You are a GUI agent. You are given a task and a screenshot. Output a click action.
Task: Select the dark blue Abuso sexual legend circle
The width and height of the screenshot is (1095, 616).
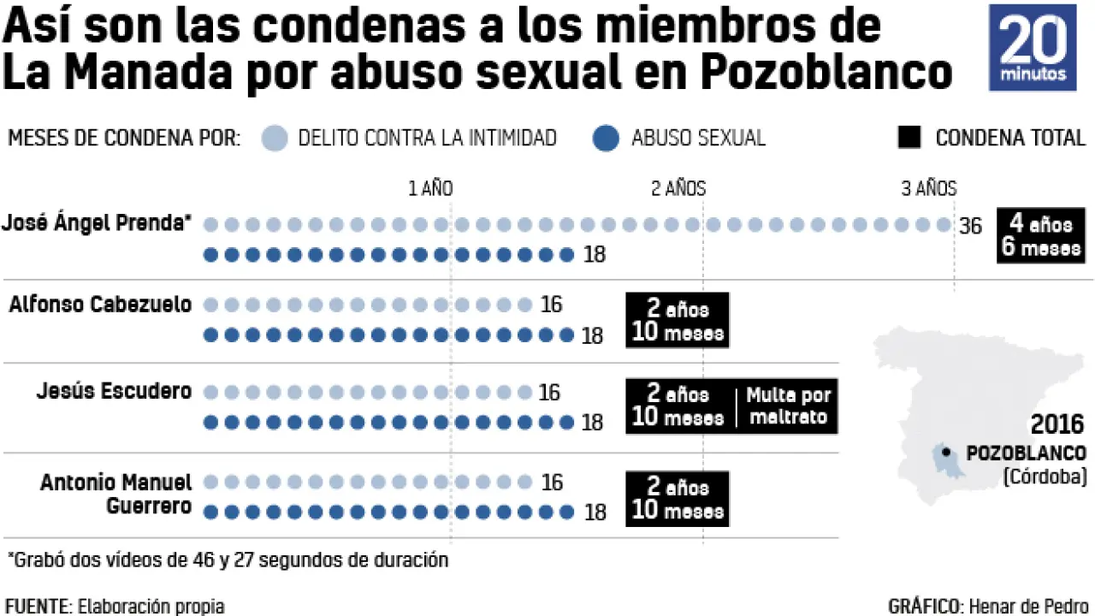point(605,139)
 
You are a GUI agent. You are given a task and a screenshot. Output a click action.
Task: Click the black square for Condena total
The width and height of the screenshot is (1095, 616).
point(909,137)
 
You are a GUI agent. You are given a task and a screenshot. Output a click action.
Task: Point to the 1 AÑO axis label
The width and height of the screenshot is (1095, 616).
point(430,189)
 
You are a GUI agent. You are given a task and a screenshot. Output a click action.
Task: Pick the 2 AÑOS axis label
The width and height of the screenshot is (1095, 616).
point(678,189)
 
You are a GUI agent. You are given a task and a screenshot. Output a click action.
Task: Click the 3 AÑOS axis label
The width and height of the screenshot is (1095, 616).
point(929,189)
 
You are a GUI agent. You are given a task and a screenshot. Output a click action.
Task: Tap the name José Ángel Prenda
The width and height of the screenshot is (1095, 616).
point(95,223)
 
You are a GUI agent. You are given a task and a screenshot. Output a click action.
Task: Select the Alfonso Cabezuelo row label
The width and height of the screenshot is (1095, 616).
point(100,305)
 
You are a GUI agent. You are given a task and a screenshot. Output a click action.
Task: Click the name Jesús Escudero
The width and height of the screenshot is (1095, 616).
point(114,391)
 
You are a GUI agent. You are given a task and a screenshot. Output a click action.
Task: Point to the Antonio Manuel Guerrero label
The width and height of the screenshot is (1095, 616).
point(115,495)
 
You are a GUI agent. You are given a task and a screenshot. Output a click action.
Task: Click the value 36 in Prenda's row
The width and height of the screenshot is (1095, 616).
point(970,226)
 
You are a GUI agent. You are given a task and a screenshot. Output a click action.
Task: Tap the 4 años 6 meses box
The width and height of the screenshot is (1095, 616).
point(1040,236)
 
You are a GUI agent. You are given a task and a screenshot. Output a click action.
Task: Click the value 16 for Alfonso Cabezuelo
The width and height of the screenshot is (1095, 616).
point(552,305)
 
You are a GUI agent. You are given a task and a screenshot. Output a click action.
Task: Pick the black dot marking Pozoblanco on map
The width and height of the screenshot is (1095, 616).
point(945,453)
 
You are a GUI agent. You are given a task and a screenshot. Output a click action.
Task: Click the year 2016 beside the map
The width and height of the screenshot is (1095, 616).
point(1057,424)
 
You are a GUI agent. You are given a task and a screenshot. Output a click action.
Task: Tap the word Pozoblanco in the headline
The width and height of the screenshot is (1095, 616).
point(826,74)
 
